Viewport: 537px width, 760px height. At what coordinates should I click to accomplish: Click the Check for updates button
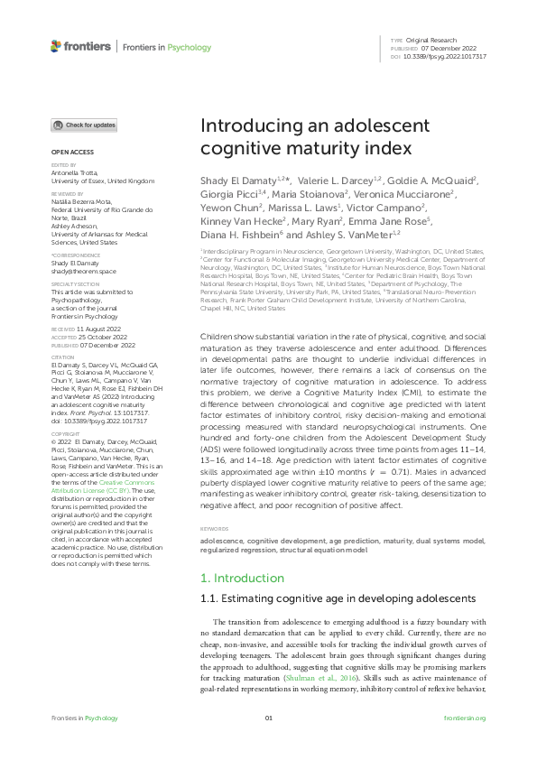coord(84,125)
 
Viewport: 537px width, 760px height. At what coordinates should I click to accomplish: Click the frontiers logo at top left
coord(81,46)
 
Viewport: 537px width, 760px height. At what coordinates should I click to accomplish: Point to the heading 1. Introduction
coord(242,578)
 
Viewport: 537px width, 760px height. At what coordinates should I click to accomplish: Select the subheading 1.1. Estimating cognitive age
coord(323,599)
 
